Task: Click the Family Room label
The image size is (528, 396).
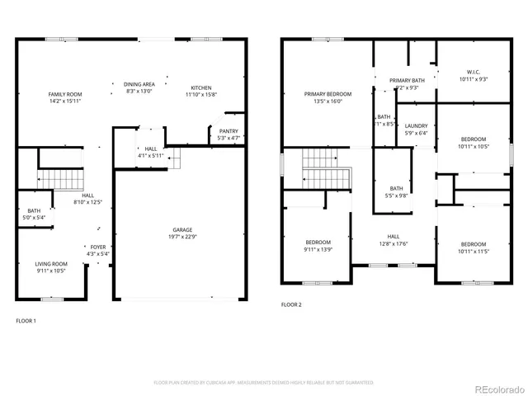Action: tap(64, 95)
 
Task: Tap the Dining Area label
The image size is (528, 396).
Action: tap(139, 84)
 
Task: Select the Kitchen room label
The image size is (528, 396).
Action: tap(201, 88)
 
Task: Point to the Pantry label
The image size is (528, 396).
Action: tap(228, 131)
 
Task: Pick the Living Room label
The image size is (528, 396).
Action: tap(51, 264)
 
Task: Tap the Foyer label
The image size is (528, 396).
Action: tap(98, 247)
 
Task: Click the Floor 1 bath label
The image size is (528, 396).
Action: tap(34, 211)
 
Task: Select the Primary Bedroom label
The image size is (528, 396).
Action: tap(322, 95)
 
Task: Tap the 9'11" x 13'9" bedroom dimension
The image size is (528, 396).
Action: tap(318, 249)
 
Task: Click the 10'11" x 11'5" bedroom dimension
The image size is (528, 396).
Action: tap(473, 250)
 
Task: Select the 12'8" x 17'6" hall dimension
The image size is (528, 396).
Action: tap(394, 243)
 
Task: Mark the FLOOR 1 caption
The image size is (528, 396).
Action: tap(26, 320)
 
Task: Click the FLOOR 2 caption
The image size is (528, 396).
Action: tap(291, 304)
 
